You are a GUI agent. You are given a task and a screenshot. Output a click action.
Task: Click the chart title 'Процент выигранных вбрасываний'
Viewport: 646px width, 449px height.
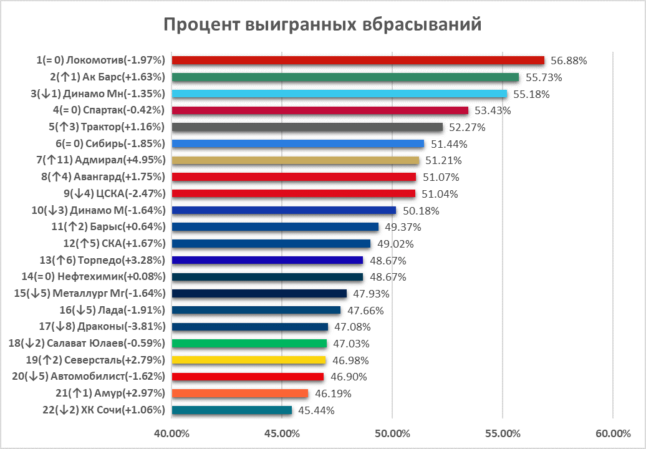point(322,24)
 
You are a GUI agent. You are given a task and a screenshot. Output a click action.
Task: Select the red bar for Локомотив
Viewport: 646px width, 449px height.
point(358,60)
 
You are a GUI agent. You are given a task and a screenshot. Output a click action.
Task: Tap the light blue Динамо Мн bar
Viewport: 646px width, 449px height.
point(339,94)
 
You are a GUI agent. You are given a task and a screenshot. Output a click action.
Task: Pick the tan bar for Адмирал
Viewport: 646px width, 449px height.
point(295,160)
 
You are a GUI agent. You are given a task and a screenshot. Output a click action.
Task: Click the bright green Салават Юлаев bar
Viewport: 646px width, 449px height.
point(249,343)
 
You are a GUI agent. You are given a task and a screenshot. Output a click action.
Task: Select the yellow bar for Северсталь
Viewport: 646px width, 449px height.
point(248,360)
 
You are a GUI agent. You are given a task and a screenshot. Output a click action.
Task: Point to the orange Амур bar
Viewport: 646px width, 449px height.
point(239,393)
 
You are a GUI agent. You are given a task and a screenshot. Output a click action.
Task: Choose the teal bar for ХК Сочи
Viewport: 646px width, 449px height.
point(231,410)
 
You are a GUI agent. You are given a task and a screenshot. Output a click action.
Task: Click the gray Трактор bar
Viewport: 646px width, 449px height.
point(307,127)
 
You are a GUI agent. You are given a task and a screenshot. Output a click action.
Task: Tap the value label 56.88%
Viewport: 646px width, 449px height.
point(569,60)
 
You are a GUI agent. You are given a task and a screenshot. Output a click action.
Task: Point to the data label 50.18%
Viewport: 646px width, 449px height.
point(420,210)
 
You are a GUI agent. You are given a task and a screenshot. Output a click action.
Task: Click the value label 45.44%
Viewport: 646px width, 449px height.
point(316,410)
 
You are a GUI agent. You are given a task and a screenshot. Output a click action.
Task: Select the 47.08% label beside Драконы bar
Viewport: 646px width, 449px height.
point(352,327)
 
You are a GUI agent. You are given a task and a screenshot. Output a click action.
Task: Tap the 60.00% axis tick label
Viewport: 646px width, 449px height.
point(613,433)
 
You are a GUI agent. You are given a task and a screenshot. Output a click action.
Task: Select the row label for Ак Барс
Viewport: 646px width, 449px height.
point(107,77)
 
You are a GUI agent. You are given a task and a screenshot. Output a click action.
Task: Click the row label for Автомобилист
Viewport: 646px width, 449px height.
point(89,376)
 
